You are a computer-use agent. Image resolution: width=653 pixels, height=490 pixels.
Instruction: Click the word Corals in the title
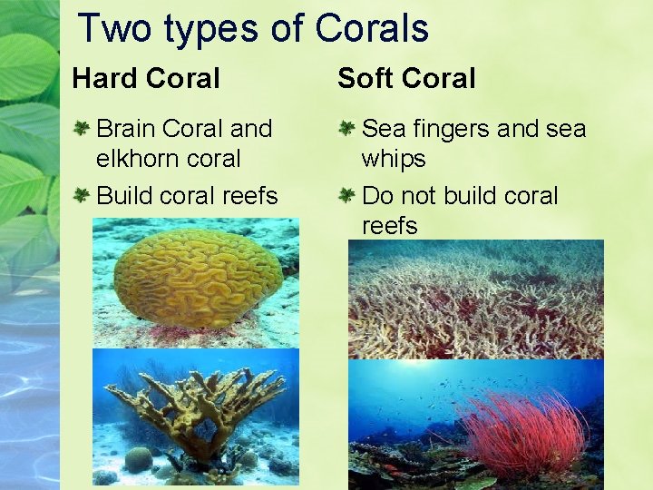click(x=372, y=28)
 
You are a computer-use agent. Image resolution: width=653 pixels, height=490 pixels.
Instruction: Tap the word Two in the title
click(x=112, y=28)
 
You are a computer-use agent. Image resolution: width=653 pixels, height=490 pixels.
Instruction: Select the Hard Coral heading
click(x=146, y=79)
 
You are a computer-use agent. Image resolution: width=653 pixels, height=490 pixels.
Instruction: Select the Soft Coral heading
click(x=406, y=79)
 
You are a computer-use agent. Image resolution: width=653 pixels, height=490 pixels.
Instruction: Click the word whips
click(x=394, y=159)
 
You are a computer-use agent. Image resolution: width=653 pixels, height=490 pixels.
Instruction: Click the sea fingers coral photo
click(x=476, y=299)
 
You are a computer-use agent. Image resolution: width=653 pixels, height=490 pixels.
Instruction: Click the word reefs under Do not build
click(x=389, y=225)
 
